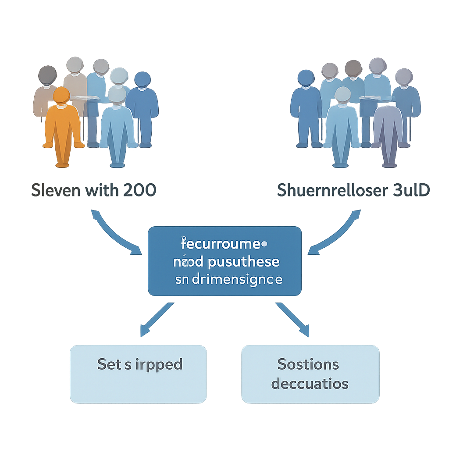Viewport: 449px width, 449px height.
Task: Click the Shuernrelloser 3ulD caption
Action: (353, 190)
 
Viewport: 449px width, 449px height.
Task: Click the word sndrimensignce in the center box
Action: (228, 279)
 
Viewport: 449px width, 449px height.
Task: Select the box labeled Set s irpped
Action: (138, 374)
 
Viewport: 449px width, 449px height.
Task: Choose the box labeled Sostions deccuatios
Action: (310, 374)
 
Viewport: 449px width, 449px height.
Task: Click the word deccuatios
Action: (310, 384)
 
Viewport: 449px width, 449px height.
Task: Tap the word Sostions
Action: (308, 364)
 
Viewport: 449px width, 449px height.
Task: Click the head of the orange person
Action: (61, 95)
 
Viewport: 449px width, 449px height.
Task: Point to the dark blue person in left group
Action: (143, 110)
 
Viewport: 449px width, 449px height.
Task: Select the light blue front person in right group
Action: (342, 127)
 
